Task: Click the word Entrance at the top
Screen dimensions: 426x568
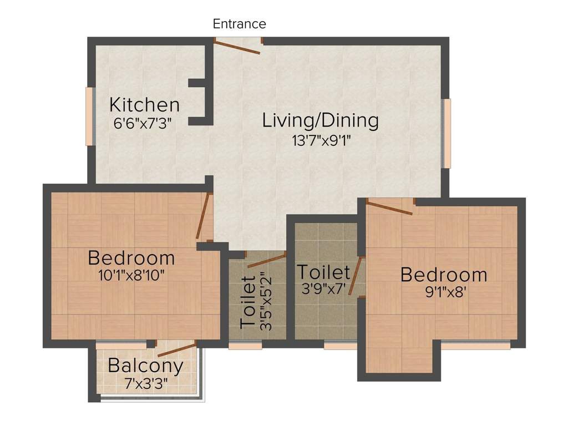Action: tap(240, 24)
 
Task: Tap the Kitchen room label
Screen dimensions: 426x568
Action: tap(144, 104)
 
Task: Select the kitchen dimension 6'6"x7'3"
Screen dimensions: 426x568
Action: tap(144, 123)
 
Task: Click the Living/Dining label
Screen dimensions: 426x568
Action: tap(320, 120)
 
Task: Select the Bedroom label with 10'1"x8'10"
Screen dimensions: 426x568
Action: tap(131, 258)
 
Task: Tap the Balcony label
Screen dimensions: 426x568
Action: tap(145, 366)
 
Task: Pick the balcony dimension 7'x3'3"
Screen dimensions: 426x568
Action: tap(146, 383)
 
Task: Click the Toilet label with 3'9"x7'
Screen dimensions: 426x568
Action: tap(323, 272)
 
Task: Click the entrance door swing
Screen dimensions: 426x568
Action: tap(238, 47)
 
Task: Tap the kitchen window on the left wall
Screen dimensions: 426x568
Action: tap(89, 116)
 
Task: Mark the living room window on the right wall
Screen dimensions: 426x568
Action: tap(446, 133)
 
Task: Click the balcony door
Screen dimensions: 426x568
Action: tap(176, 350)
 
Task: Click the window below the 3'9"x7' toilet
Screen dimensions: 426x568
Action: tap(340, 346)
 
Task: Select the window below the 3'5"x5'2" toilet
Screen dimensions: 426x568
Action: tap(245, 346)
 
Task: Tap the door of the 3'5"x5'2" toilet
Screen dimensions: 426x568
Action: tap(266, 259)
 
